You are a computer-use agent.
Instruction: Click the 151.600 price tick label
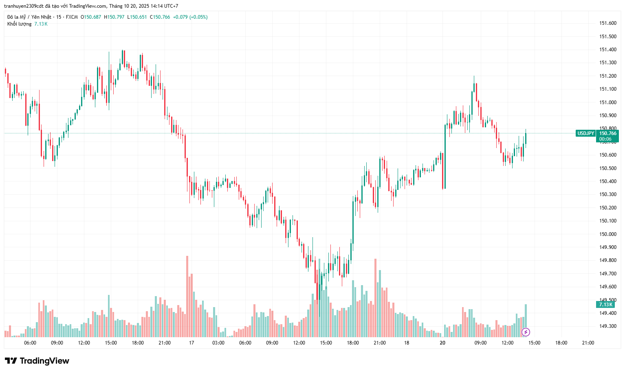(x=607, y=23)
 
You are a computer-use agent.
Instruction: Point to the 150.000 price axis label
(x=607, y=234)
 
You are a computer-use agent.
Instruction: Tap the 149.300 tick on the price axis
(x=607, y=326)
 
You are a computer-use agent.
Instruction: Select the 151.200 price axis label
(x=607, y=76)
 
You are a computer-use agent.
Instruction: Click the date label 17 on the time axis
(x=191, y=343)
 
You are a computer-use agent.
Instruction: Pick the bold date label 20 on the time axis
(x=442, y=343)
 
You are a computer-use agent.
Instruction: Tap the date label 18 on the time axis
(x=407, y=343)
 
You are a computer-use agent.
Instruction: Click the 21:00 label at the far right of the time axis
(x=588, y=343)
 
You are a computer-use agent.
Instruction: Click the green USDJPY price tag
(x=585, y=133)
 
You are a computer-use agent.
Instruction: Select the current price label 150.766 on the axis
(x=607, y=133)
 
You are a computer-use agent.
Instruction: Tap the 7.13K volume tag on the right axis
(x=605, y=305)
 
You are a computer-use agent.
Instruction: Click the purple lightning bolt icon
(x=526, y=332)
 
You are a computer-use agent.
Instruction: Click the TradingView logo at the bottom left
(x=37, y=361)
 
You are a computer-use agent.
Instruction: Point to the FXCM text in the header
(x=72, y=17)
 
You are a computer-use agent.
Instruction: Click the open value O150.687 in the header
(x=91, y=17)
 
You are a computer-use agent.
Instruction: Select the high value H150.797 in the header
(x=114, y=17)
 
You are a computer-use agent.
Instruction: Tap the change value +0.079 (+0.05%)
(x=190, y=17)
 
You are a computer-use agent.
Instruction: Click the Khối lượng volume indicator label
(x=19, y=24)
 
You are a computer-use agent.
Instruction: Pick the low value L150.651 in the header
(x=137, y=17)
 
